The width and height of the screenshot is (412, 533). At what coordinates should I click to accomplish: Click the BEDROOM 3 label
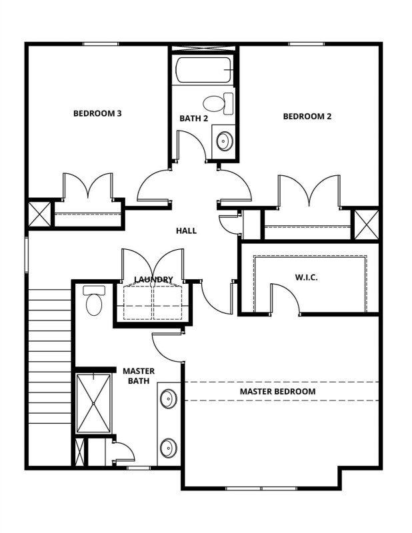click(97, 113)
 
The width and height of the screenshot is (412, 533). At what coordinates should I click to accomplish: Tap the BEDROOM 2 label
click(307, 116)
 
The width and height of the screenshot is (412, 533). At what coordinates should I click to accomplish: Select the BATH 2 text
click(194, 119)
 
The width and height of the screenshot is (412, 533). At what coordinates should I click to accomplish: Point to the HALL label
click(186, 231)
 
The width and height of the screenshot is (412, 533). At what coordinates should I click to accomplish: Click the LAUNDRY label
click(153, 279)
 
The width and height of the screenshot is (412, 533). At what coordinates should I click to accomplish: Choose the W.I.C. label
click(306, 276)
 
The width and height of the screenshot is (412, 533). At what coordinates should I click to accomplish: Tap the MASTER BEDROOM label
click(277, 391)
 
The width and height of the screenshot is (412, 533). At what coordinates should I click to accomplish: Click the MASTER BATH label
click(139, 376)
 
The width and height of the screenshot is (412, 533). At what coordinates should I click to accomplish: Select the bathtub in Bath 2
click(204, 69)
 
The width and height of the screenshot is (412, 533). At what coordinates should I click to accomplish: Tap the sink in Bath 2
click(224, 141)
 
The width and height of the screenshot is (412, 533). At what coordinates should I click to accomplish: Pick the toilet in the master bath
click(93, 302)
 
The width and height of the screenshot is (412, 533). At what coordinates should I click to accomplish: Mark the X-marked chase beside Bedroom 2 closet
click(365, 225)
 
